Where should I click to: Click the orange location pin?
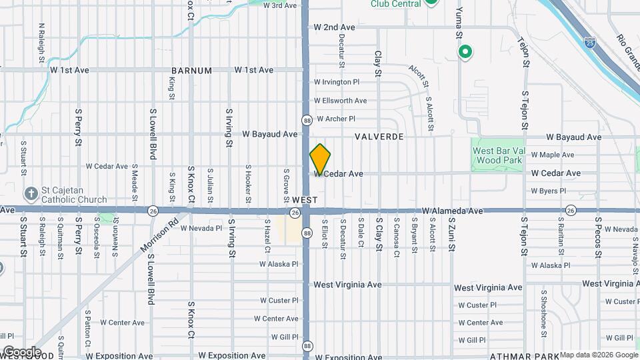pos(320,159)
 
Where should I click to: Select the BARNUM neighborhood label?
pos(191,70)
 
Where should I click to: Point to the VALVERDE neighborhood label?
pos(379,136)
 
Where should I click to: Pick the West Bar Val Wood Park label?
pos(499,155)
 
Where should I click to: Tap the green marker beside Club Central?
pos(431,2)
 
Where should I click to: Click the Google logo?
pos(21,352)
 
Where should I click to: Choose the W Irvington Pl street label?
pos(337,82)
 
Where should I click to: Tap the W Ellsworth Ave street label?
pos(340,101)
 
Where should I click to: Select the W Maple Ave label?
pos(552,155)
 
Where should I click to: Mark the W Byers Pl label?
pos(548,191)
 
